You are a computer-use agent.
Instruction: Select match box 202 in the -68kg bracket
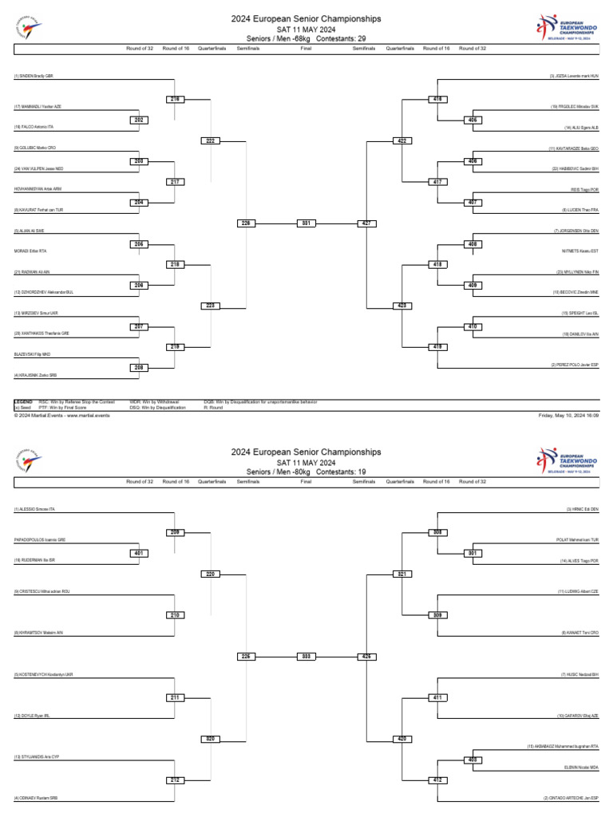(x=139, y=120)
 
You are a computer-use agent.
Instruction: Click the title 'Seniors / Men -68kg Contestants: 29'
(x=306, y=37)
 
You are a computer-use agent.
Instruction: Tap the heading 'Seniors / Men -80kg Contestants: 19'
(x=306, y=472)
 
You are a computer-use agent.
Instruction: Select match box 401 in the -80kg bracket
(x=139, y=552)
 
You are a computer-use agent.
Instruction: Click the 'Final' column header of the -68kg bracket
(x=306, y=48)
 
